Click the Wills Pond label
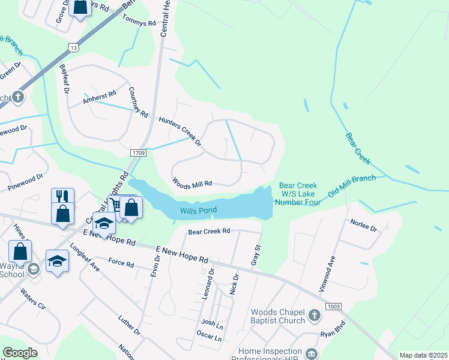(197, 211)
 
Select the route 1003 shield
(334, 307)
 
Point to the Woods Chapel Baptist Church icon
(314, 316)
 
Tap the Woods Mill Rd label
(192, 183)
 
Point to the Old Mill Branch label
(352, 187)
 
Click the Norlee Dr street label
(363, 228)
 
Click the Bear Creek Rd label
(209, 230)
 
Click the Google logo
(20, 353)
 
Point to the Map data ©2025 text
(423, 355)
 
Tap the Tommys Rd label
(139, 23)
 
